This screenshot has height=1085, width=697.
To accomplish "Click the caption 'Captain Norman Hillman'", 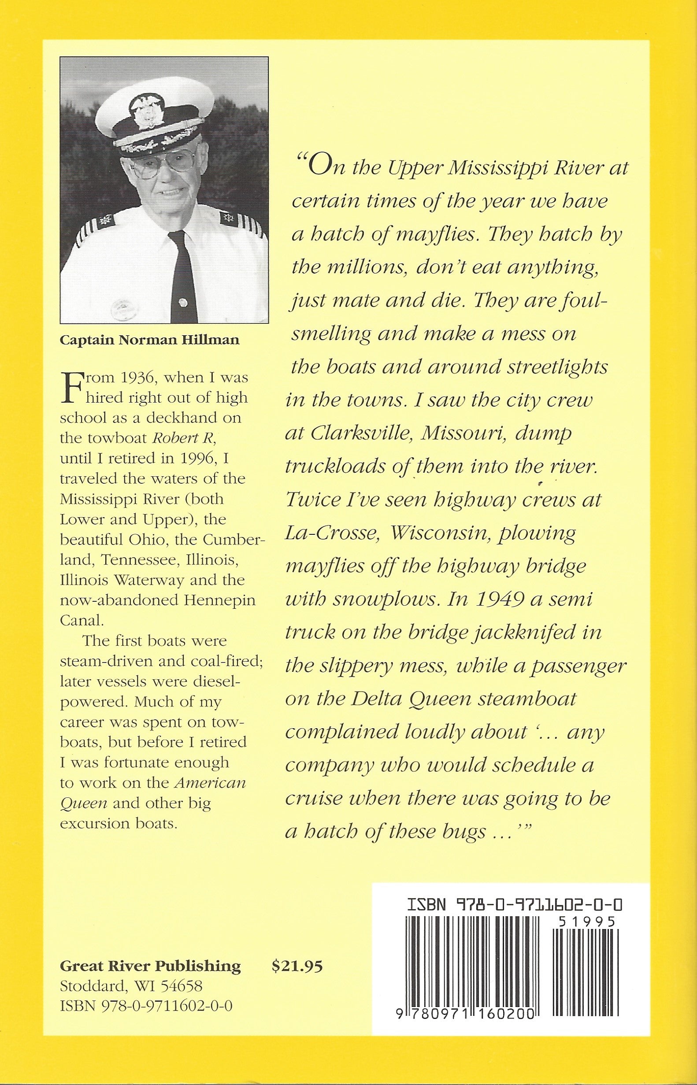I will click(149, 340).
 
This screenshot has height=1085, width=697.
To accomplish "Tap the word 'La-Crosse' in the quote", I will click(332, 534).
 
